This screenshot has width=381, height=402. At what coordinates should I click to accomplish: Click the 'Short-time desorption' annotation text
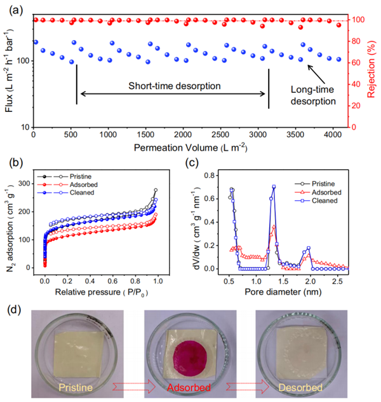[x=174, y=85]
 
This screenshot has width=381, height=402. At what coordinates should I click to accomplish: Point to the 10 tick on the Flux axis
[x=24, y=127]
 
